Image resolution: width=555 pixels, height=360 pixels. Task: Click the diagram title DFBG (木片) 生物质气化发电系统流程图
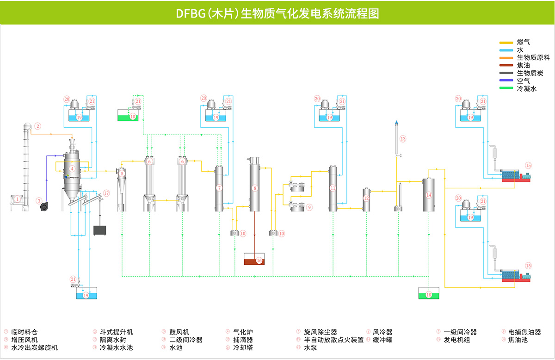(277, 13)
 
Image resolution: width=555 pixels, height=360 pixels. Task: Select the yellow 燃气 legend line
(506, 42)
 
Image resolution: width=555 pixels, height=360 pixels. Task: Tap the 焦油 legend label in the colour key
(523, 65)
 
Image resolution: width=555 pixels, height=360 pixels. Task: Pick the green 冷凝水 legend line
(506, 88)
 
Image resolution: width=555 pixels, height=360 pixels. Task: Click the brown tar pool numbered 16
(254, 260)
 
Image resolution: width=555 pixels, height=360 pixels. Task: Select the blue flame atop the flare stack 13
(396, 123)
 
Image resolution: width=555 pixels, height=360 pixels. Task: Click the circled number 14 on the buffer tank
(429, 195)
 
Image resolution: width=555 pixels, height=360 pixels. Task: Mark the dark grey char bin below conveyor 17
(100, 230)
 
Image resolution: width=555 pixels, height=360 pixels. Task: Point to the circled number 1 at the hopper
(17, 199)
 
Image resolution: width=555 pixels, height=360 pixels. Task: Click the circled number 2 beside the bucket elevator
(38, 125)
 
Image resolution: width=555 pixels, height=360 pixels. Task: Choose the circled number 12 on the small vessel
(366, 198)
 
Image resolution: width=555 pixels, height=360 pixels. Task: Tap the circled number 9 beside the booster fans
(309, 207)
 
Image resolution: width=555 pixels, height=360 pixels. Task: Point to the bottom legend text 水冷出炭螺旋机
(35, 348)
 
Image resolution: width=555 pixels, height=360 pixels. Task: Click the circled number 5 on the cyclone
(122, 174)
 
